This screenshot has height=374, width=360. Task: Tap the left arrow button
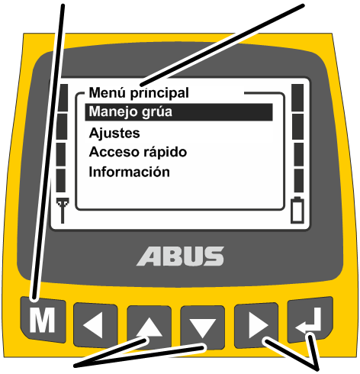95,325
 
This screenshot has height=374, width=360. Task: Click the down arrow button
202,327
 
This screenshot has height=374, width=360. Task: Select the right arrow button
256,325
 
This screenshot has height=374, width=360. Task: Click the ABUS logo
181,256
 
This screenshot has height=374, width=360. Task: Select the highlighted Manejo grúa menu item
178,112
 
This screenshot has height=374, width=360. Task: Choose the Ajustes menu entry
114,134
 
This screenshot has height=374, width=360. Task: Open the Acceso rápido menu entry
138,152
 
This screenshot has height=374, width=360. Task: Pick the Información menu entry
130,172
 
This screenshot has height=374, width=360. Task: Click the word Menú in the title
108,92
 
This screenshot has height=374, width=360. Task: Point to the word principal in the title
159,93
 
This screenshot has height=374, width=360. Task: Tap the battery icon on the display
297,210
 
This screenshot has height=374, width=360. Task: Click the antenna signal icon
63,211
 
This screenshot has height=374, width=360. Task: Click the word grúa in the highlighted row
157,112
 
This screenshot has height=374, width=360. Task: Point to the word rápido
166,153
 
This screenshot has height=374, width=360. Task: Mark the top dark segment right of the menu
297,98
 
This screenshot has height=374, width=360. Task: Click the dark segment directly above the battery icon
299,180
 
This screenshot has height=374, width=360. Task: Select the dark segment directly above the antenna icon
61,180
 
